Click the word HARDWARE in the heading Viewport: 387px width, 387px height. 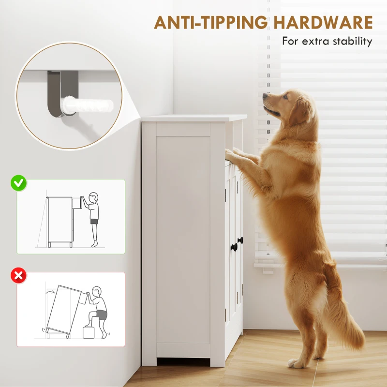323,22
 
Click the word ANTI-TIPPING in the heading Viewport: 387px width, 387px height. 211,22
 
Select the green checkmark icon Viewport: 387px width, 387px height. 18,183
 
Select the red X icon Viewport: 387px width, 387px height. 18,275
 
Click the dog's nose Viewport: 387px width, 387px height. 265,95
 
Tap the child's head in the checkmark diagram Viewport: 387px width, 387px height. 93,197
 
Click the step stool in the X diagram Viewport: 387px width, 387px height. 89,332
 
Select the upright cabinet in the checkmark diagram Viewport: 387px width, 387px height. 60,222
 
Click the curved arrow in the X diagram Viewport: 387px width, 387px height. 51,293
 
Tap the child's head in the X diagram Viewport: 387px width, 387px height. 97,292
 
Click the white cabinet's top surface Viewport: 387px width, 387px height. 194,118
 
